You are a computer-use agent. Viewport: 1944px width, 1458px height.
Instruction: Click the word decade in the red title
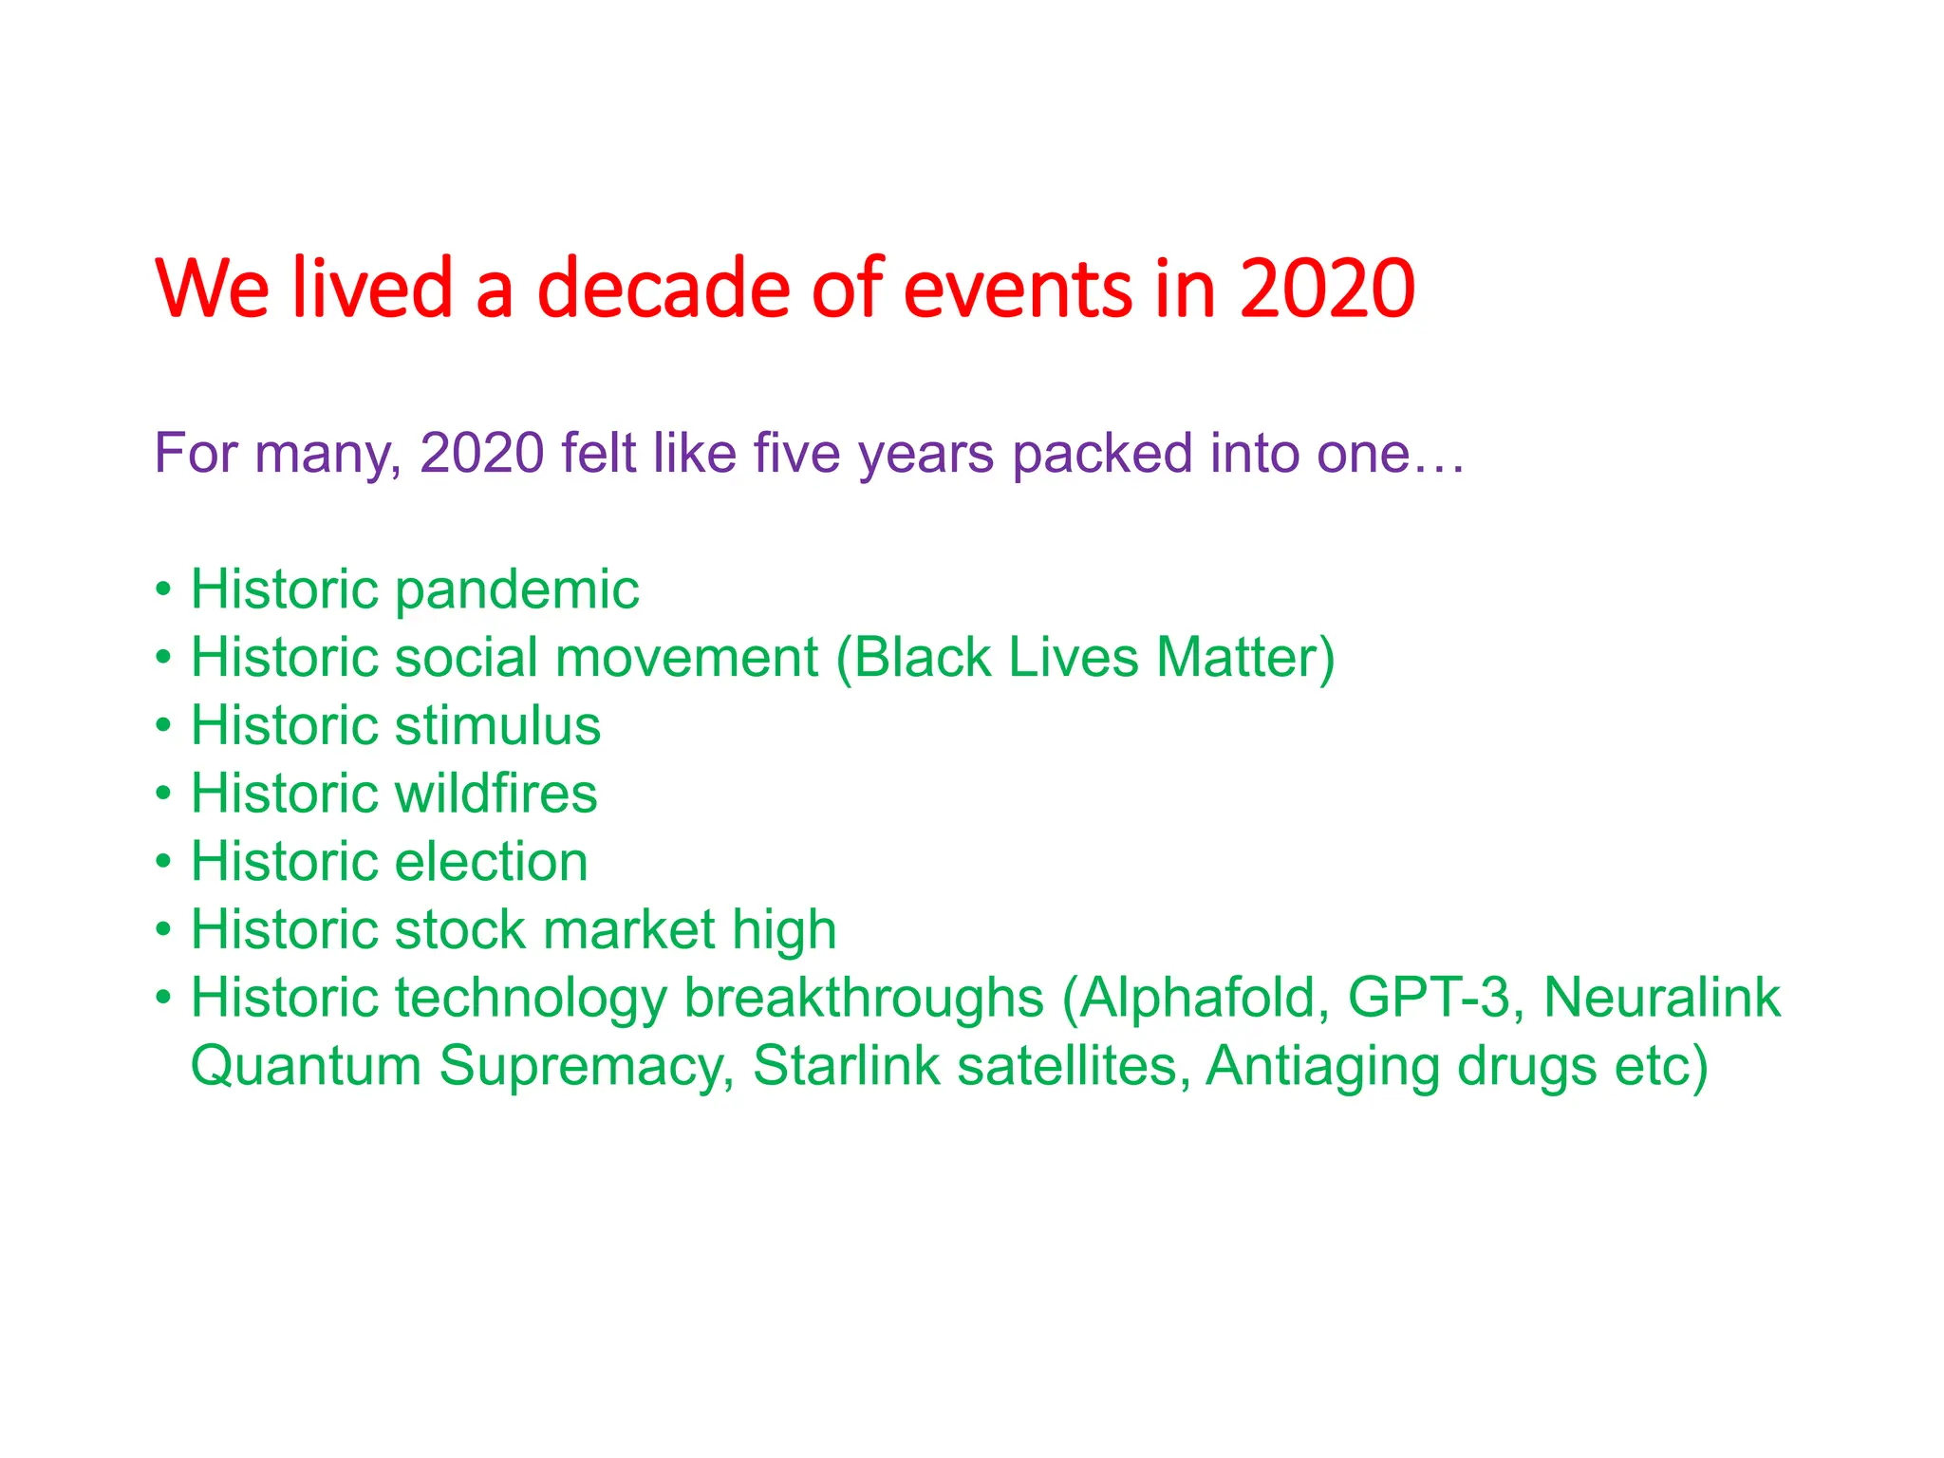click(x=663, y=289)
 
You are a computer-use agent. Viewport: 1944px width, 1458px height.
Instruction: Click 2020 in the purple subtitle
click(x=481, y=453)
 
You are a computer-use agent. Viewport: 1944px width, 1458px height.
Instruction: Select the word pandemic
click(x=516, y=589)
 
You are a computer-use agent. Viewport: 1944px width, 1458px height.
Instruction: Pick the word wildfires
click(x=495, y=794)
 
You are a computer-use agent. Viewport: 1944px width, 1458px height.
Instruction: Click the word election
click(x=491, y=862)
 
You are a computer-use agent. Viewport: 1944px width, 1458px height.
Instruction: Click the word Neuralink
click(x=1661, y=998)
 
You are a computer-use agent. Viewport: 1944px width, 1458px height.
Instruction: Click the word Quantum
click(x=306, y=1066)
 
